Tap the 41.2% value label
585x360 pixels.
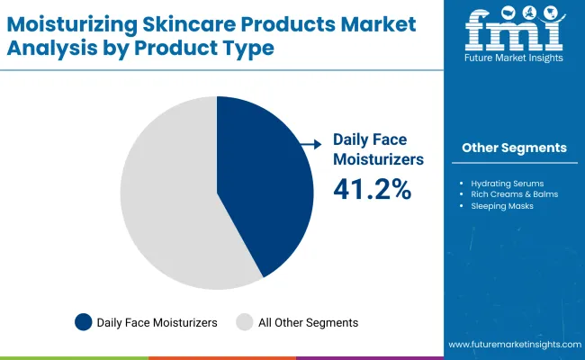pos(373,189)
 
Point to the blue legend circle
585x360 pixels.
pos(84,322)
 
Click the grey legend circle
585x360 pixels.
pos(244,322)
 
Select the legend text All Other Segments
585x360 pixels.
pos(308,322)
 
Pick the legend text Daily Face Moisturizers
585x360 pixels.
pos(157,322)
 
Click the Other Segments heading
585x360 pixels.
pos(514,148)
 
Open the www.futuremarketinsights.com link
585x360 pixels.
pos(512,345)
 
